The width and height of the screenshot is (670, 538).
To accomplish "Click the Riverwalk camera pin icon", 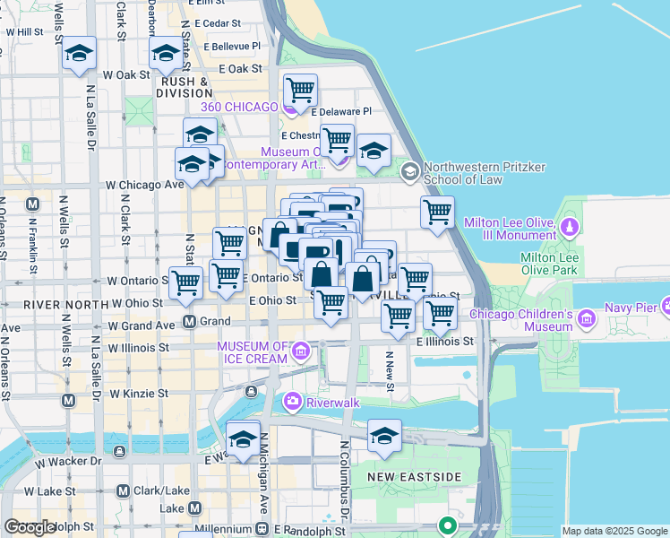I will click(292, 403).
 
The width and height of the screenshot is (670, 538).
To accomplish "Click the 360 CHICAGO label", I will click(239, 107).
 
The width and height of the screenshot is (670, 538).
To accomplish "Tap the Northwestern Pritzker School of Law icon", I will click(410, 170).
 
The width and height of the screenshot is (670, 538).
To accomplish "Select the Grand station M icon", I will click(189, 321).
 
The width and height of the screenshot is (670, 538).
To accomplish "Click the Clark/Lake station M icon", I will click(124, 490).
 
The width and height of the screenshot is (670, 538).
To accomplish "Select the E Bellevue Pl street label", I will click(231, 45).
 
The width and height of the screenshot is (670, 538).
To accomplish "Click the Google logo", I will click(30, 527).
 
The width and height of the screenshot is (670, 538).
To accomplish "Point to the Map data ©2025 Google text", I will click(614, 531).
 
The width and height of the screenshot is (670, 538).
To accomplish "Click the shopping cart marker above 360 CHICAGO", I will click(300, 91).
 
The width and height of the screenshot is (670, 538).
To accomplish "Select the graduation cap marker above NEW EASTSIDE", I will click(383, 436).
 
